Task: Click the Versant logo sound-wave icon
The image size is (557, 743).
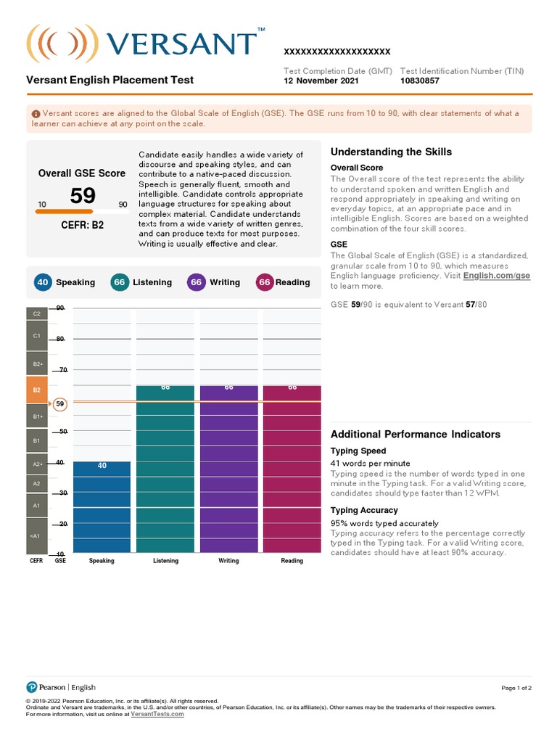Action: pos(51,44)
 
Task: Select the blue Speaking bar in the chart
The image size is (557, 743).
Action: pos(102,508)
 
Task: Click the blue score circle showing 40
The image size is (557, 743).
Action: pos(42,282)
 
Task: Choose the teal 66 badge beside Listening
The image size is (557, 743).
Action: pos(119,282)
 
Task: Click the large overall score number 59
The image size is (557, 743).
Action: pos(83,196)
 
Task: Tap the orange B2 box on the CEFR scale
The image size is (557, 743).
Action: pos(37,390)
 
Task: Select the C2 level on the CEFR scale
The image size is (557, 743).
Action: pos(37,313)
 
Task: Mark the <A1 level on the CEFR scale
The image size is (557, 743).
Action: pos(37,536)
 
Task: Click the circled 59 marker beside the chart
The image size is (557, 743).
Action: pos(60,403)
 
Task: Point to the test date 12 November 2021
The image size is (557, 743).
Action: pos(321,81)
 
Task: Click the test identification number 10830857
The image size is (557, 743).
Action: pos(420,81)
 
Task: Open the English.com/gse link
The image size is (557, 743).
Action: pos(498,276)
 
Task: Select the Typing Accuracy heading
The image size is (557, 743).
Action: pos(364,510)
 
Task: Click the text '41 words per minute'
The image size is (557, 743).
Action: pos(370,463)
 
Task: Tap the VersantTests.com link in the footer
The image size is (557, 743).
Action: pos(157,714)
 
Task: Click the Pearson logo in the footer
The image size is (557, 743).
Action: pos(31,687)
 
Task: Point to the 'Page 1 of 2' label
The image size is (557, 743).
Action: pos(516,688)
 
